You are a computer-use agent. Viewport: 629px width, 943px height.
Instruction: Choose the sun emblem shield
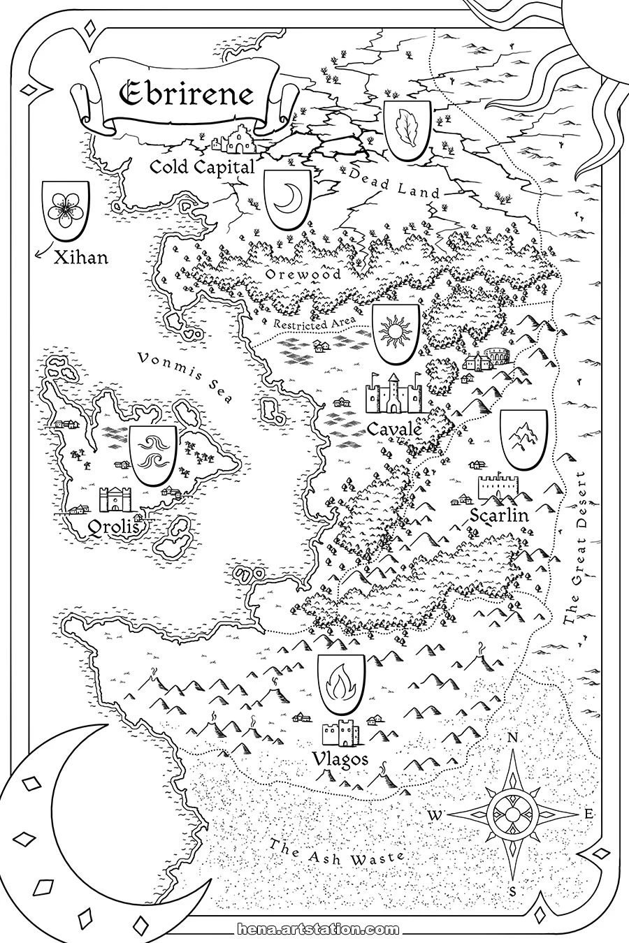click(396, 331)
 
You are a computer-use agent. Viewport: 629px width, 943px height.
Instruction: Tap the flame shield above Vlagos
click(340, 682)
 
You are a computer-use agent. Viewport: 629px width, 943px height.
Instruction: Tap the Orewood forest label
click(303, 275)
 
